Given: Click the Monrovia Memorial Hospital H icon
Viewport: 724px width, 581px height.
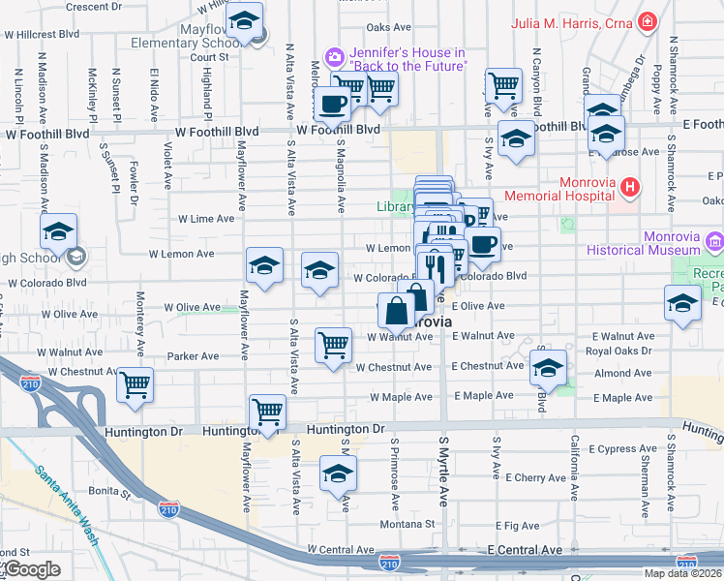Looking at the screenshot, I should (x=630, y=186).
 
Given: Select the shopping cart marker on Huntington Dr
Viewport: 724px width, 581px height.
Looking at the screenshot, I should (x=266, y=411).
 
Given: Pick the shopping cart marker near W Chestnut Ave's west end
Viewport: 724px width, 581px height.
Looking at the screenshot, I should (x=135, y=384).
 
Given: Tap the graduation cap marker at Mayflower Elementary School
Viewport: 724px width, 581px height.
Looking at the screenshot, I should (x=249, y=22).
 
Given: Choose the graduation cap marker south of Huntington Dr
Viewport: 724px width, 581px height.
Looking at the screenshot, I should (x=338, y=474).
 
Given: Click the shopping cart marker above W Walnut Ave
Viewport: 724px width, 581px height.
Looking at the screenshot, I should (x=333, y=345).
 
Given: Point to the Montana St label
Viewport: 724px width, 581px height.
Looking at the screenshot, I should (x=401, y=524).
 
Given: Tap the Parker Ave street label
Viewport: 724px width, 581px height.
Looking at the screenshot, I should (x=193, y=356).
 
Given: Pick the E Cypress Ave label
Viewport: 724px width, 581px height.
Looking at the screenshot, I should (x=621, y=448).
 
